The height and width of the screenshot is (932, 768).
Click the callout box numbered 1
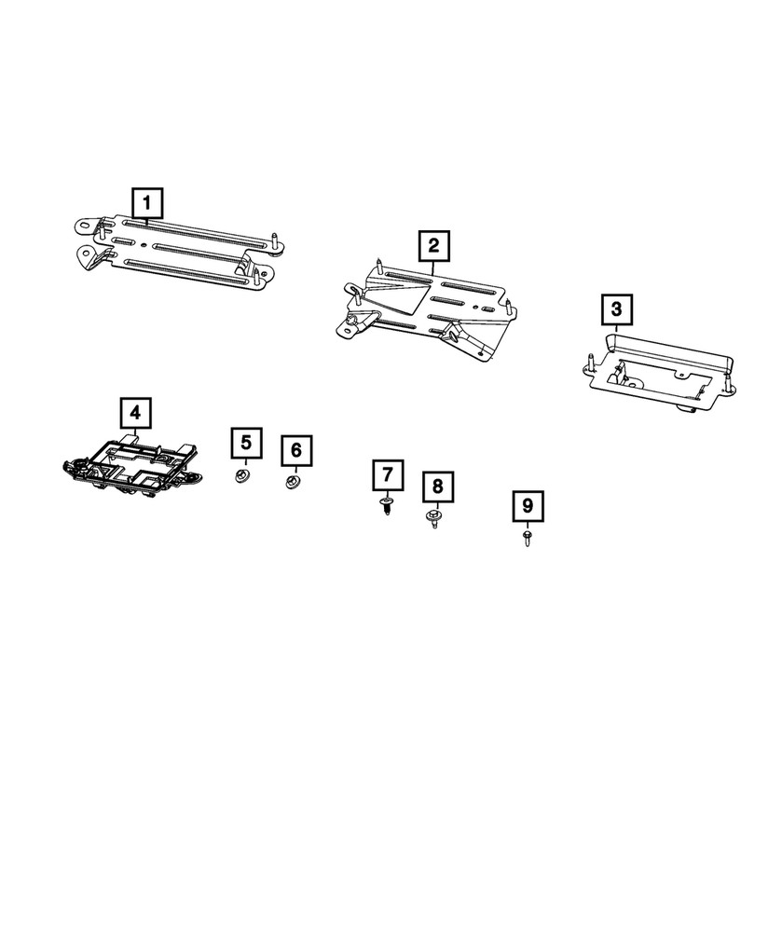147,201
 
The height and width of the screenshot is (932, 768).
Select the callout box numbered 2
433,246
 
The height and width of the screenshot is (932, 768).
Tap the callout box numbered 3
616,308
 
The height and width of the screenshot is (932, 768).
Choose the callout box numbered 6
296,450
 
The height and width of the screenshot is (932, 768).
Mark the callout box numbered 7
387,476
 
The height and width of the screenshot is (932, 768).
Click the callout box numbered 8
437,487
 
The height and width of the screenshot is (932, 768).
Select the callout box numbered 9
528,506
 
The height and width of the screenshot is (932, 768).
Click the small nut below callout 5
244,477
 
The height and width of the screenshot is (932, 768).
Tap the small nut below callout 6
293,483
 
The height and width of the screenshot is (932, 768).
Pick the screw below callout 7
386,507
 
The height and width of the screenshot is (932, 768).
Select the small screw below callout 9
528,538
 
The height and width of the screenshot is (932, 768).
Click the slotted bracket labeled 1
177,248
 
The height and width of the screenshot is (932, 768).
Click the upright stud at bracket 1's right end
277,241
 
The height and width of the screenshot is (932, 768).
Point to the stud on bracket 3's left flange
593,364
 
